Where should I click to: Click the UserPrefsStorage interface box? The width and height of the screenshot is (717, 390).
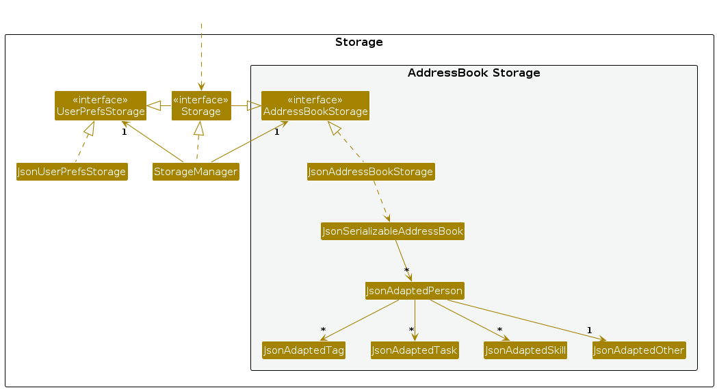pos(101,105)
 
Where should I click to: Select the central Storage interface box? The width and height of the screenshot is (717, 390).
pos(200,105)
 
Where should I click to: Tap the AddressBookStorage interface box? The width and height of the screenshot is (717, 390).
pos(315,105)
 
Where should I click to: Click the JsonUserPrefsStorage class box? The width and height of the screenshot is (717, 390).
pos(72,172)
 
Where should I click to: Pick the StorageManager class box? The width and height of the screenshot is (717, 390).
pos(196,172)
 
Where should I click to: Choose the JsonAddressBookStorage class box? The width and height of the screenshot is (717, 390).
pos(371,172)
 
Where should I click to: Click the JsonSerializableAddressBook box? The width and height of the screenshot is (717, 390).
pos(393,231)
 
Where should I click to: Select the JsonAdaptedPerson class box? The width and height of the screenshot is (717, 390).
pos(415,291)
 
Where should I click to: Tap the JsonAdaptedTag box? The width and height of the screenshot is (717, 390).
pos(304,350)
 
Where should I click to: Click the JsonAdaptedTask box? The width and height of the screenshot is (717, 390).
pos(415,350)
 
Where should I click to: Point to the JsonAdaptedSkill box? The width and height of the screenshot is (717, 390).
pos(525,350)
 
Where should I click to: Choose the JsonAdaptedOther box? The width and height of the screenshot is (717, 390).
pos(638,350)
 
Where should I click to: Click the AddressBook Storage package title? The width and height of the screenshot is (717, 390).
pos(473,73)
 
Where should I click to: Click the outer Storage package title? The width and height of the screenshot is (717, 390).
pos(358,42)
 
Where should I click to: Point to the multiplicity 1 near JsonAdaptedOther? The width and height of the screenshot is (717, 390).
pos(589,330)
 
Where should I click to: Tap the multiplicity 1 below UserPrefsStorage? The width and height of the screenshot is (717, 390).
pos(124,132)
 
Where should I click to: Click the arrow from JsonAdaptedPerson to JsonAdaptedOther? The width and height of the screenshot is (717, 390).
pos(527,319)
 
